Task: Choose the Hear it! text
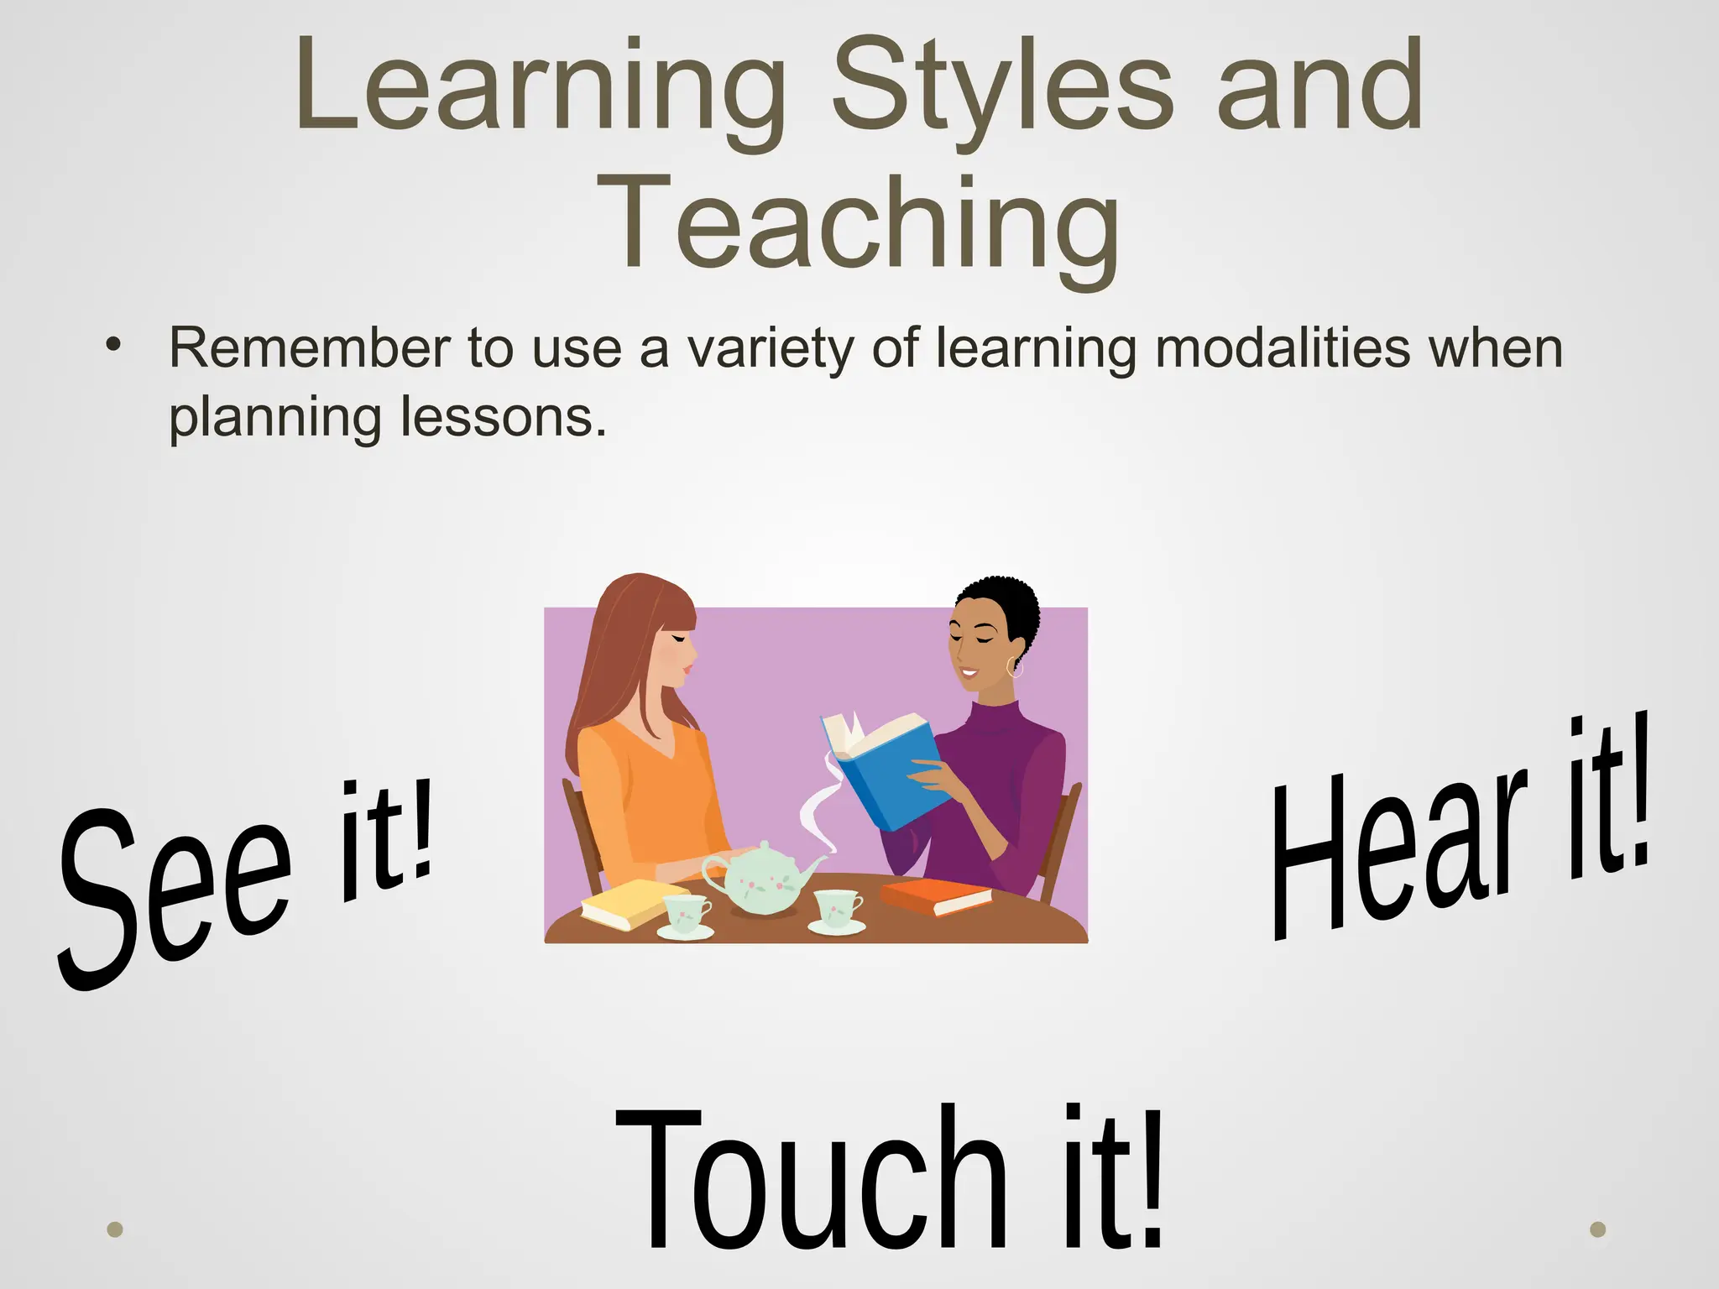tap(1460, 831)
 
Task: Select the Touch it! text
tap(890, 1183)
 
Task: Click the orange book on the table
tap(935, 896)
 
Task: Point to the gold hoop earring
tap(1016, 668)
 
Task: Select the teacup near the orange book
tap(837, 910)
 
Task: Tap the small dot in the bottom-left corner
tap(116, 1229)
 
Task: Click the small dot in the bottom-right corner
tap(1598, 1229)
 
